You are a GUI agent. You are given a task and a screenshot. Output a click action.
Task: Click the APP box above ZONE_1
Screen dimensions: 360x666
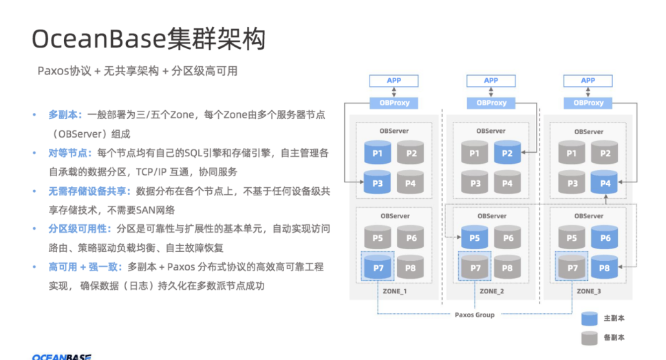394,81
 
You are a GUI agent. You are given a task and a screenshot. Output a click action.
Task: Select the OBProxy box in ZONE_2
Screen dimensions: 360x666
491,103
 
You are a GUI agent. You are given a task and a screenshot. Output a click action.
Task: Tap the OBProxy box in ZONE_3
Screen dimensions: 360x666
588,103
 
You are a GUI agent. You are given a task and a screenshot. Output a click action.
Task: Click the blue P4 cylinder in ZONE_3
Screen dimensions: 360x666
605,183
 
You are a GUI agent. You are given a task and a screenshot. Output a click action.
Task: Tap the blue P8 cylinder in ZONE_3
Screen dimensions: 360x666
605,267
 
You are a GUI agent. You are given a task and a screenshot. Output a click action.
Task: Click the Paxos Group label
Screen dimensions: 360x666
475,315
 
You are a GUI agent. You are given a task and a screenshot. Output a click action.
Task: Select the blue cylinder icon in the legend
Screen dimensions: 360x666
590,319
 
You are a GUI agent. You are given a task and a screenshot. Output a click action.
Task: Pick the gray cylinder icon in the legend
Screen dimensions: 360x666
590,338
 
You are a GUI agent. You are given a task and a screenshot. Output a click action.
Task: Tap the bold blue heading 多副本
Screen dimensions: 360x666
65,114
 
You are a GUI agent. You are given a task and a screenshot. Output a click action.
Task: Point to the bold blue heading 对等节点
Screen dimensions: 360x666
70,152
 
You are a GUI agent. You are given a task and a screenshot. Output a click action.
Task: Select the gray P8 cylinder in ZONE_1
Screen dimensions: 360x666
410,267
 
